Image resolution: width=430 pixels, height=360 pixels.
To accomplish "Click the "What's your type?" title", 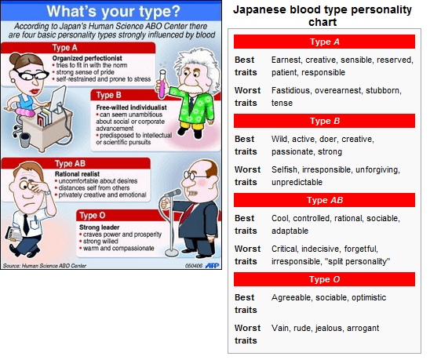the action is (x=113, y=11).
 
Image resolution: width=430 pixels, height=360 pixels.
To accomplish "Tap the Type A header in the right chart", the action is (x=324, y=42).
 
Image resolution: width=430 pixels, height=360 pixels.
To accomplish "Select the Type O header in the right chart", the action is (x=324, y=279).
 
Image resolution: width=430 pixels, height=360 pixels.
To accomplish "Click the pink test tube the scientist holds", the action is (x=162, y=84).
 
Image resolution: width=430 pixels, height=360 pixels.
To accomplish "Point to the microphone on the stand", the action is (x=173, y=194).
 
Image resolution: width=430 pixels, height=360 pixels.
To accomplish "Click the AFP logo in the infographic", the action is (x=213, y=265).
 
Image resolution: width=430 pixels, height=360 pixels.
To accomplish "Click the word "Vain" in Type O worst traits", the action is (x=280, y=328).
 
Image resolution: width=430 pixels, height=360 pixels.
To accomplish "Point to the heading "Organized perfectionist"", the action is (x=87, y=58).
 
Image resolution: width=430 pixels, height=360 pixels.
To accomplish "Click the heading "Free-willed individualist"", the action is (x=131, y=107).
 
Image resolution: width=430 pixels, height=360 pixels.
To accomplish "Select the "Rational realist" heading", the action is (x=77, y=174).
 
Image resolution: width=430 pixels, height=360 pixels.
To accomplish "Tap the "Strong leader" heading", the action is (x=100, y=227).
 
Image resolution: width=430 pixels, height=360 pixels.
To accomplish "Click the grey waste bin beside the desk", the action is (x=24, y=140).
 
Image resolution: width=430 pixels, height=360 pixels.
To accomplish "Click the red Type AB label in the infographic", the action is (x=76, y=163).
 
